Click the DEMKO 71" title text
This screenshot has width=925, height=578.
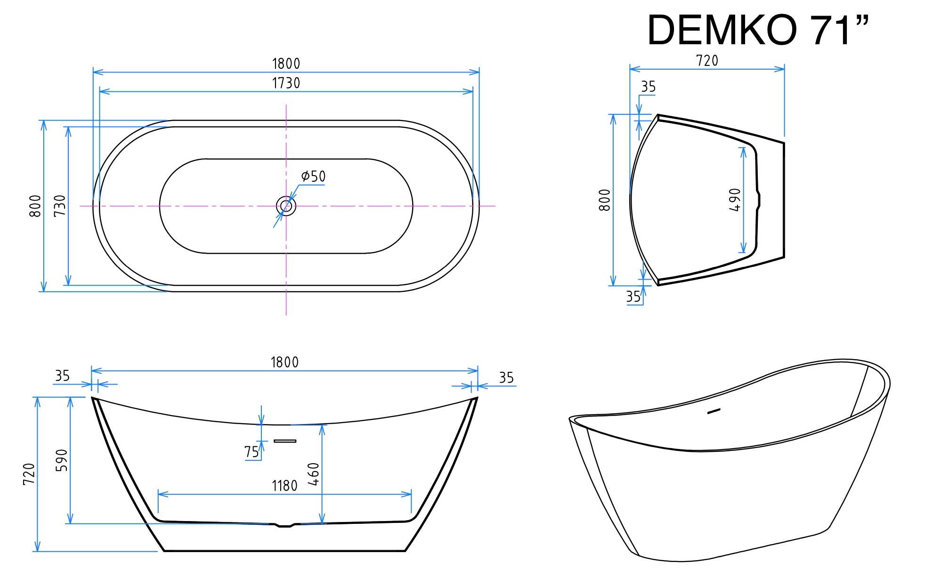pyautogui.click(x=757, y=31)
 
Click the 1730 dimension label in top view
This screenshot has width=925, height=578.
pyautogui.click(x=286, y=83)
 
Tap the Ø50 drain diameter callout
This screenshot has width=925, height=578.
pyautogui.click(x=314, y=177)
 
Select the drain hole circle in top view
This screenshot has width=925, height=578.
pyautogui.click(x=286, y=206)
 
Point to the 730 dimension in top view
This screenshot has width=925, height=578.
pyautogui.click(x=60, y=206)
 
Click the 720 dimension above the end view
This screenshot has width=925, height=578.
pyautogui.click(x=707, y=61)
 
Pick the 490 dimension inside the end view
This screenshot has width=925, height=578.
pyautogui.click(x=735, y=200)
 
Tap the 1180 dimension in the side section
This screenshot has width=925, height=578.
pyautogui.click(x=284, y=486)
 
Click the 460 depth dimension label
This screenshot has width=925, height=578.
pyautogui.click(x=314, y=474)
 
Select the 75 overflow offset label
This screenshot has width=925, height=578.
pyautogui.click(x=252, y=452)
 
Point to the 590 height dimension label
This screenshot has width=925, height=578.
pyautogui.click(x=62, y=460)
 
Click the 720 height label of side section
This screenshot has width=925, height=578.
pyautogui.click(x=29, y=474)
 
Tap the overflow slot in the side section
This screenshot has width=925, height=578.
pyautogui.click(x=285, y=441)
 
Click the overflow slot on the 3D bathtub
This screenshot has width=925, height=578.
pyautogui.click(x=714, y=411)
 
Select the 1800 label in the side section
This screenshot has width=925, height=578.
pyautogui.click(x=284, y=362)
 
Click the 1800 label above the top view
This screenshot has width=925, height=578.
pyautogui.click(x=286, y=64)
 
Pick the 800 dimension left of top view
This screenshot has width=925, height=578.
pyautogui.click(x=36, y=206)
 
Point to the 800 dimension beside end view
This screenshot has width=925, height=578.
pyautogui.click(x=605, y=200)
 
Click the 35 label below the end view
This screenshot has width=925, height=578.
pyautogui.click(x=633, y=297)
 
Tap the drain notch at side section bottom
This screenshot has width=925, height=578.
pyautogui.click(x=284, y=525)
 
